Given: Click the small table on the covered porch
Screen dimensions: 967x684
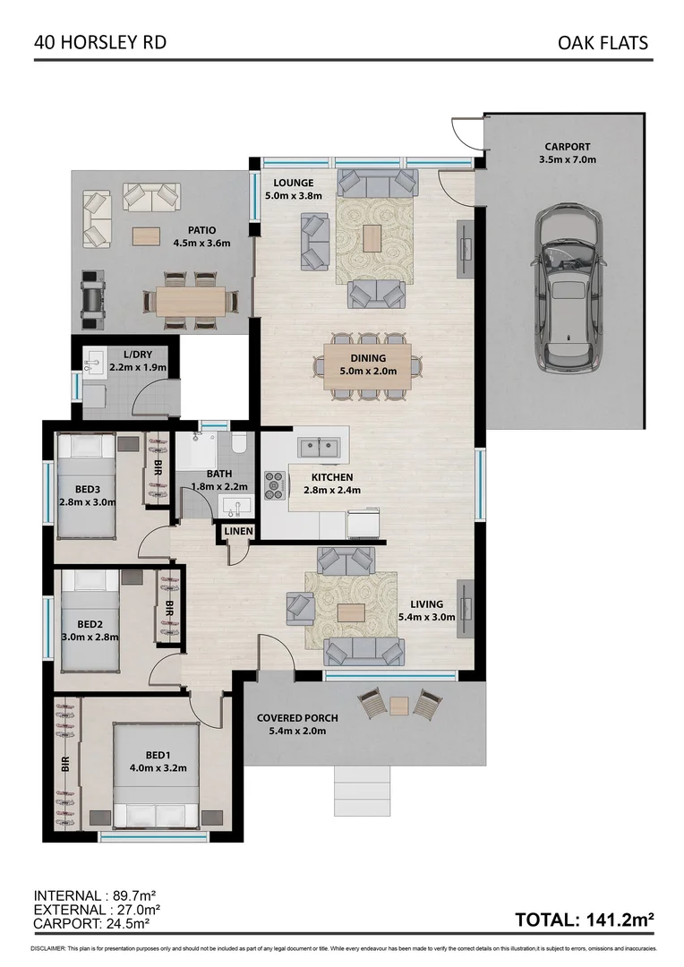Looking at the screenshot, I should [399, 706].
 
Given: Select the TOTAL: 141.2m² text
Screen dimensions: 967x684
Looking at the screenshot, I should [584, 919].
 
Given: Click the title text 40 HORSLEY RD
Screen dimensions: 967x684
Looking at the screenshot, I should [87, 42].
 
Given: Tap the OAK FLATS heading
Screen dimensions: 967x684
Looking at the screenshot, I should [602, 42].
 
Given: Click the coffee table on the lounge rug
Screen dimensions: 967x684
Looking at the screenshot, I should [372, 237].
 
